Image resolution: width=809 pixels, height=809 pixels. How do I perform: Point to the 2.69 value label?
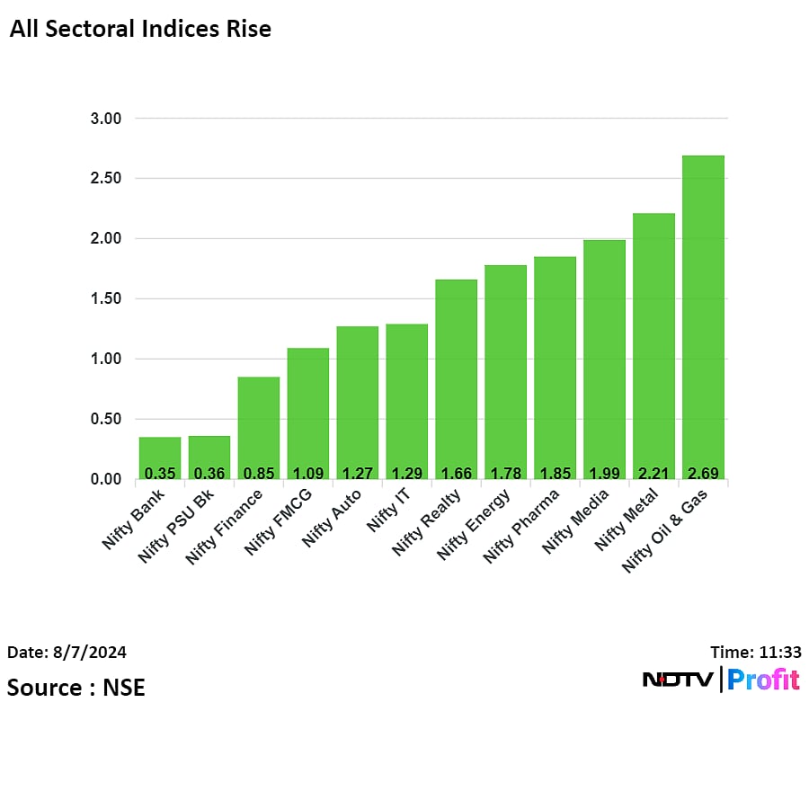click(x=703, y=473)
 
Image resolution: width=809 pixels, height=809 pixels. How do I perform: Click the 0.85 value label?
click(x=259, y=473)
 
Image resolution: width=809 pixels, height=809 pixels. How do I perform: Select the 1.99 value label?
click(x=604, y=473)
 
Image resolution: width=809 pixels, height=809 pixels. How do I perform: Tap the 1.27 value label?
click(x=358, y=473)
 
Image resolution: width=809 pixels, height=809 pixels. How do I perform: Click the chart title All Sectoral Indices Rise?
click(x=140, y=29)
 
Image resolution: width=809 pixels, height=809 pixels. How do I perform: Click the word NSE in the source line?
click(x=124, y=688)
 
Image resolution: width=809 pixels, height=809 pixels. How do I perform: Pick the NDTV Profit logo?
click(x=721, y=680)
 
